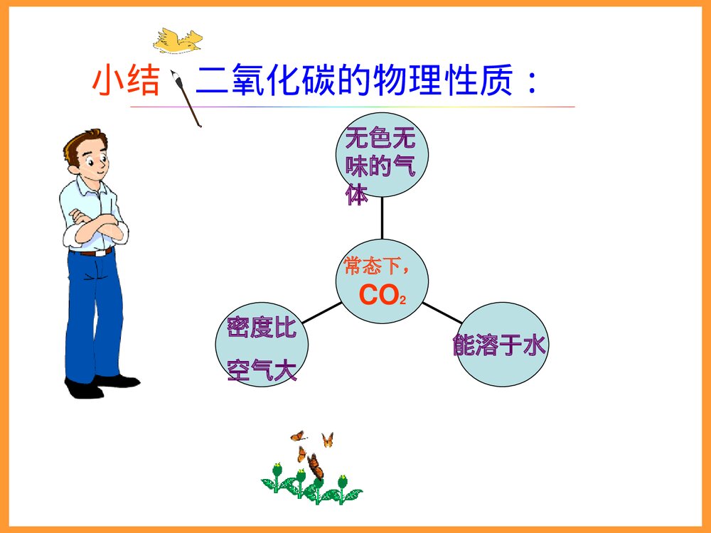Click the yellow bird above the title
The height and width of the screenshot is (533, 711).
[x=177, y=41]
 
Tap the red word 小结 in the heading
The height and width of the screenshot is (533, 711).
[x=125, y=82]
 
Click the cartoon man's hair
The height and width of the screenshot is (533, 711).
[x=81, y=143]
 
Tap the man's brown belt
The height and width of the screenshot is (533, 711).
[x=92, y=252]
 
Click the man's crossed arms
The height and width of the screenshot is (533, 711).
[x=95, y=228]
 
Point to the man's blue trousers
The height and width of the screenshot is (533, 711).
[x=93, y=313]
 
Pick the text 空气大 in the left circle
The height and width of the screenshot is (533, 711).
[x=261, y=370]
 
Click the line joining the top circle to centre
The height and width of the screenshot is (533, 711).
[x=382, y=219]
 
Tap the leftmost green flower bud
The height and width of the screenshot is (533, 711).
[x=277, y=470]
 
